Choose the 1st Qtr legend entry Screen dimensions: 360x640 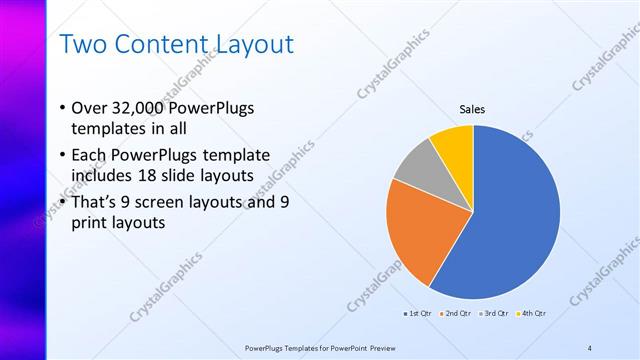pos(418,314)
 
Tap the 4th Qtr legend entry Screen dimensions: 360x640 pos(534,314)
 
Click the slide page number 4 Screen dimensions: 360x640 pos(590,347)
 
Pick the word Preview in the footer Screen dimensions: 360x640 pos(369,347)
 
